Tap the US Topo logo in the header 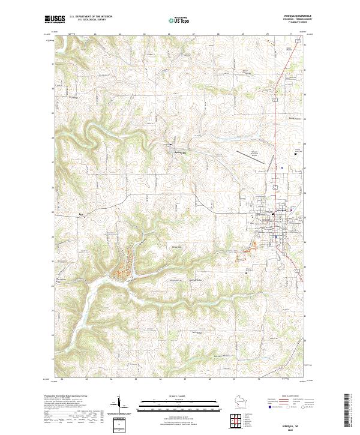[x=179, y=20]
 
